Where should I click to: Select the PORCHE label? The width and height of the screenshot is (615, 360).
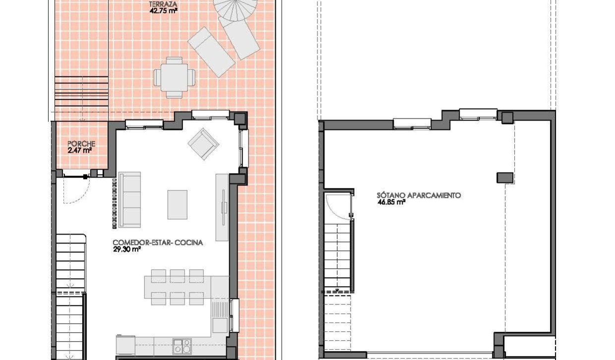(x=81, y=144)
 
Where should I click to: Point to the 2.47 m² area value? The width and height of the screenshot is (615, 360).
(x=80, y=150)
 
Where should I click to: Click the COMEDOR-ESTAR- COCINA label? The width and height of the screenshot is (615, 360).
(x=158, y=243)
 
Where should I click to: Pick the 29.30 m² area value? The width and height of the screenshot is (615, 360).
(x=127, y=249)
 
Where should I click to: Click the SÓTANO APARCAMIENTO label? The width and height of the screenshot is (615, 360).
(x=419, y=195)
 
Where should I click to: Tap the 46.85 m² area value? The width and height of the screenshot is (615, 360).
(x=391, y=202)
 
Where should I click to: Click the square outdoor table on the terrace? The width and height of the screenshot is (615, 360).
(x=175, y=77)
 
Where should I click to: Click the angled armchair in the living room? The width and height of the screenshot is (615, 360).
(x=203, y=144)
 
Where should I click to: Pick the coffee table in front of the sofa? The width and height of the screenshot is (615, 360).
(x=177, y=204)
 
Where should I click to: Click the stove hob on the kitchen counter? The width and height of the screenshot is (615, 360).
(x=182, y=346)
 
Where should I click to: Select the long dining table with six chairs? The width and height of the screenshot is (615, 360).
(x=181, y=287)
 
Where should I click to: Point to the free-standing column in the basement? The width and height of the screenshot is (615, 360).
(x=505, y=177)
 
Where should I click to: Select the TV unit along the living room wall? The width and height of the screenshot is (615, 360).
(x=222, y=207)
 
